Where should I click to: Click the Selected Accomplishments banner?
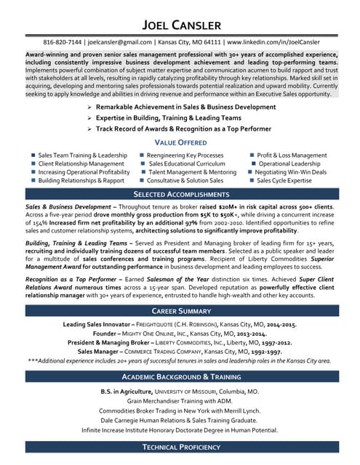180,195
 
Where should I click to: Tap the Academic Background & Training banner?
180,376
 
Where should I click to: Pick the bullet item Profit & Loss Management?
292,155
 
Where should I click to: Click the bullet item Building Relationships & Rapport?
81,180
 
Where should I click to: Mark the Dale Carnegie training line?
180,419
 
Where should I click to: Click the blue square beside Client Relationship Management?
33,164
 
